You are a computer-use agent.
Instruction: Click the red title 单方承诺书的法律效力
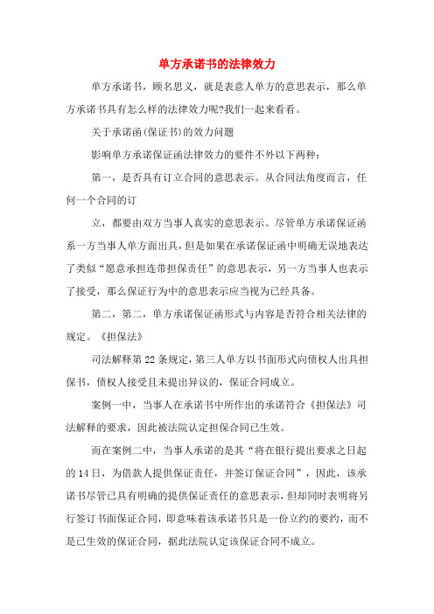click(217, 64)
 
